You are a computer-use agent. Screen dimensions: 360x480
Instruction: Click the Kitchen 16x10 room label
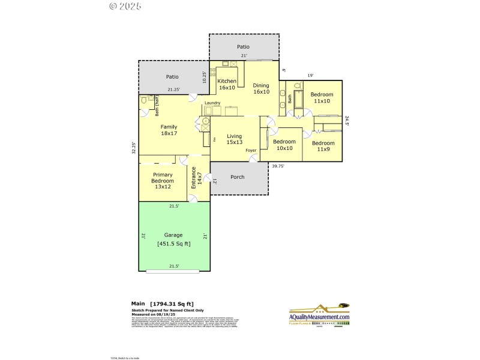click(227, 84)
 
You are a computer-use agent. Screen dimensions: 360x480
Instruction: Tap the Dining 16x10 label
click(261, 88)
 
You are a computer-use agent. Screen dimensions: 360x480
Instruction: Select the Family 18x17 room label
click(169, 130)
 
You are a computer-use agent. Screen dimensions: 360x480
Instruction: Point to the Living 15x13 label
click(234, 139)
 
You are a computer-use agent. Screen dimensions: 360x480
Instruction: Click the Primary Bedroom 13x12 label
click(162, 181)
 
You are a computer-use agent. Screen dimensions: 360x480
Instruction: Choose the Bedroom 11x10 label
click(322, 98)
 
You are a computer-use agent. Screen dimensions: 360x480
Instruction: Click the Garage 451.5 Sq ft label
click(173, 239)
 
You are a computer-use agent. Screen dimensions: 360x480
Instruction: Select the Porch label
click(238, 178)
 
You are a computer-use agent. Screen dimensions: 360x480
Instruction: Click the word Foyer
click(251, 151)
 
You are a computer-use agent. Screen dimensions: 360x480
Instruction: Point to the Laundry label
click(212, 103)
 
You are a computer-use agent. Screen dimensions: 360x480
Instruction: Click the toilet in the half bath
click(145, 101)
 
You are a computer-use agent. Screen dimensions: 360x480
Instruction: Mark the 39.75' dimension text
click(278, 166)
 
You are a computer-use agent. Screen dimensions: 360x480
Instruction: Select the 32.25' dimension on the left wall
click(133, 148)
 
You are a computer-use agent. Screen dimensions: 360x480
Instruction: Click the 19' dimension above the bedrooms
click(310, 76)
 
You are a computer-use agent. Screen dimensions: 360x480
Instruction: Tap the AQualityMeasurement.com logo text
click(320, 317)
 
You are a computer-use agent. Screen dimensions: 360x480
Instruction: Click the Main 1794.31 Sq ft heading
click(162, 304)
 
